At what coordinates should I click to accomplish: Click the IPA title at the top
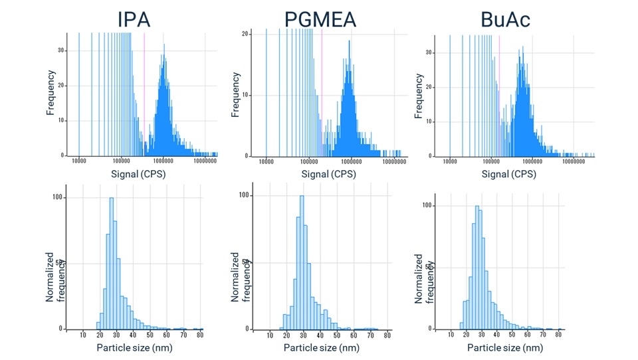[x=134, y=19]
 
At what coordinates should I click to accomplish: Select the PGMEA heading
[x=320, y=19]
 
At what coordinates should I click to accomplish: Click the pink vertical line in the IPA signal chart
[x=144, y=93]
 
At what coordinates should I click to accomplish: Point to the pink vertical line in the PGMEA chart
[x=322, y=93]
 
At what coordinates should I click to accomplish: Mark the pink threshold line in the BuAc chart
[x=499, y=93]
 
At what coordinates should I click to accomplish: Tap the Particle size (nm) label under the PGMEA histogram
[x=321, y=347]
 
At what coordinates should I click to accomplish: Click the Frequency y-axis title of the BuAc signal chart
[x=419, y=96]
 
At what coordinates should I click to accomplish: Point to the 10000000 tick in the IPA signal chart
[x=205, y=161]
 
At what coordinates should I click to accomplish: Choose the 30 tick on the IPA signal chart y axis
[x=61, y=50]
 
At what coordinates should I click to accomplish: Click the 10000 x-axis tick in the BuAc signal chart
[x=450, y=161]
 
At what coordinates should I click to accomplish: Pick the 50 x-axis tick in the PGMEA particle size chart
[x=338, y=335]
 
